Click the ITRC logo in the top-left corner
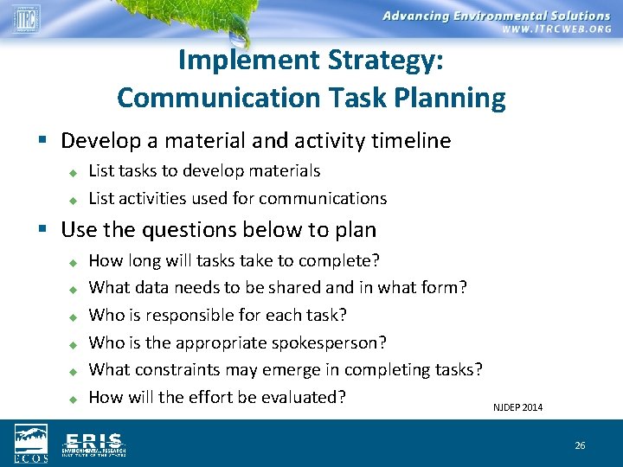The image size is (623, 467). click(26, 18)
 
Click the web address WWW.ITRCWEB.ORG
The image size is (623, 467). click(556, 29)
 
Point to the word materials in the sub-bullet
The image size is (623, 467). click(285, 171)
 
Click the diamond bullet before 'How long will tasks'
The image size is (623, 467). click(74, 261)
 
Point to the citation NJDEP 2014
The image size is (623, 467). click(517, 407)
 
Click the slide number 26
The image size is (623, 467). click(580, 445)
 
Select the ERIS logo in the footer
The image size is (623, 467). click(93, 444)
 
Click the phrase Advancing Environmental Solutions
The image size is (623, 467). click(496, 16)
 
